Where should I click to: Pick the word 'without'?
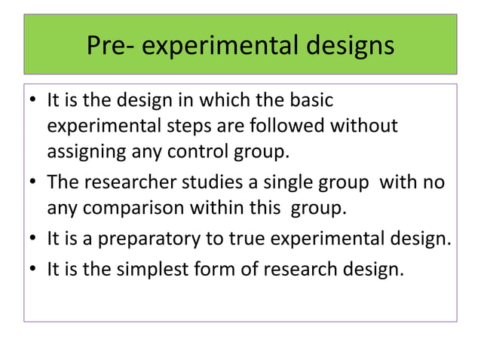pyautogui.click(x=366, y=125)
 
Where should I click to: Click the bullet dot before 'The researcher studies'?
pyautogui.click(x=33, y=184)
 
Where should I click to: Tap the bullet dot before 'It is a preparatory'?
pyautogui.click(x=33, y=240)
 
